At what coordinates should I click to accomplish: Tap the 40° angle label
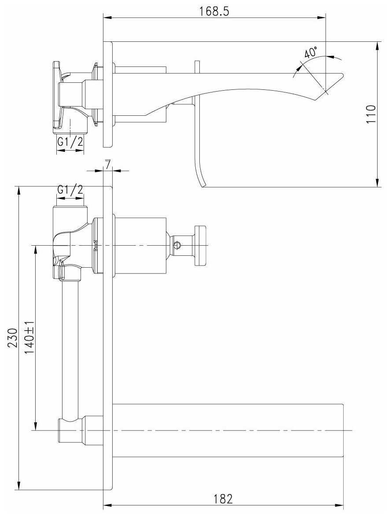point(311,52)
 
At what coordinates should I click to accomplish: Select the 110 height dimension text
point(372,114)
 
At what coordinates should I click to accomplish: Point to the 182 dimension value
point(223,499)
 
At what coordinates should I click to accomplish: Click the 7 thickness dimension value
point(108,165)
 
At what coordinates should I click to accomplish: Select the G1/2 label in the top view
point(70,142)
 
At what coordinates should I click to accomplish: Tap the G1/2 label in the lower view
point(70,190)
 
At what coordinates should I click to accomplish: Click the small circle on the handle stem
point(177,244)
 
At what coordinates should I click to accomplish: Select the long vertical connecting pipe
point(70,348)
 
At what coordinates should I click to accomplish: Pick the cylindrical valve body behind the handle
point(140,245)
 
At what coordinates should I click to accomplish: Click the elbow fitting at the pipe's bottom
point(70,430)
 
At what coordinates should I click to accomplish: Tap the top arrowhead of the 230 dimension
point(18,189)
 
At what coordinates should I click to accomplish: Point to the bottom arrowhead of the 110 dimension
point(378,184)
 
